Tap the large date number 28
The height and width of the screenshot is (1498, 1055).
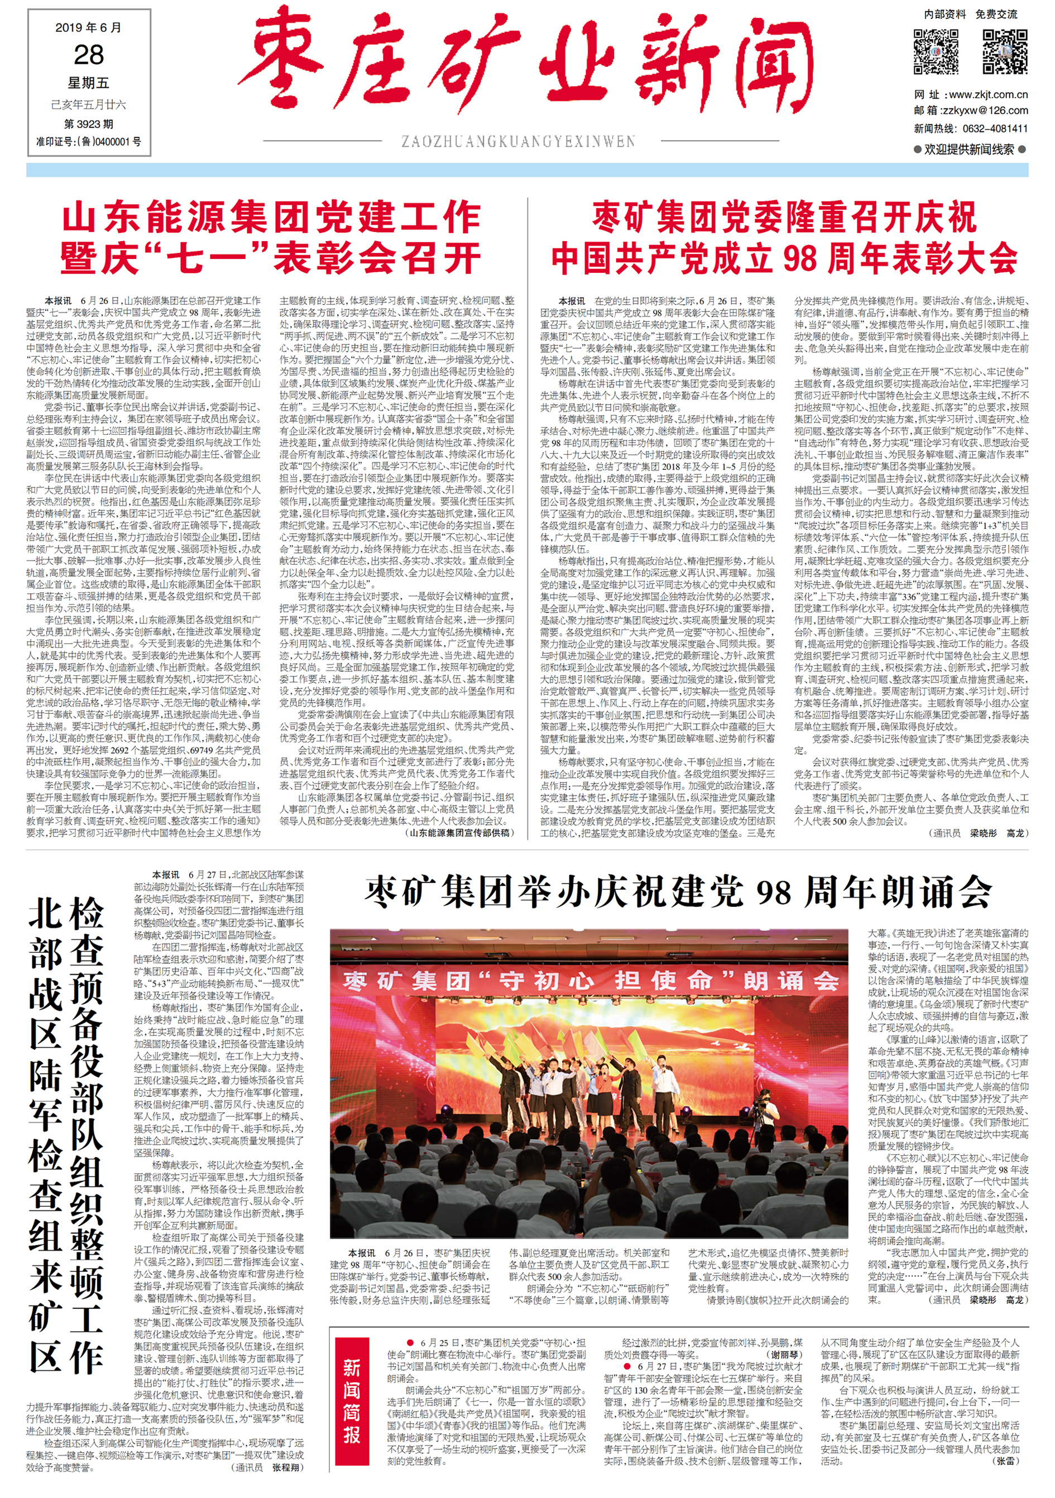point(89,55)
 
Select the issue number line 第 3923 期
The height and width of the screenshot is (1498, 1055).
point(89,124)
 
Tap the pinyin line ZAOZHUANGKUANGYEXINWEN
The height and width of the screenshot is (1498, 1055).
point(518,142)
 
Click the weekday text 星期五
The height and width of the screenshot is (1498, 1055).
point(89,83)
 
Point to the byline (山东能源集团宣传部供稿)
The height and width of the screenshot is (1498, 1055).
point(460,833)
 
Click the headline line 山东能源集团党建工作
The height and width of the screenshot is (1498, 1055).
point(271,218)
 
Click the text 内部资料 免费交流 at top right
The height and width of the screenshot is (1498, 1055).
point(970,15)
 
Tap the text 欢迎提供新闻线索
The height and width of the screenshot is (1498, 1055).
point(970,150)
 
